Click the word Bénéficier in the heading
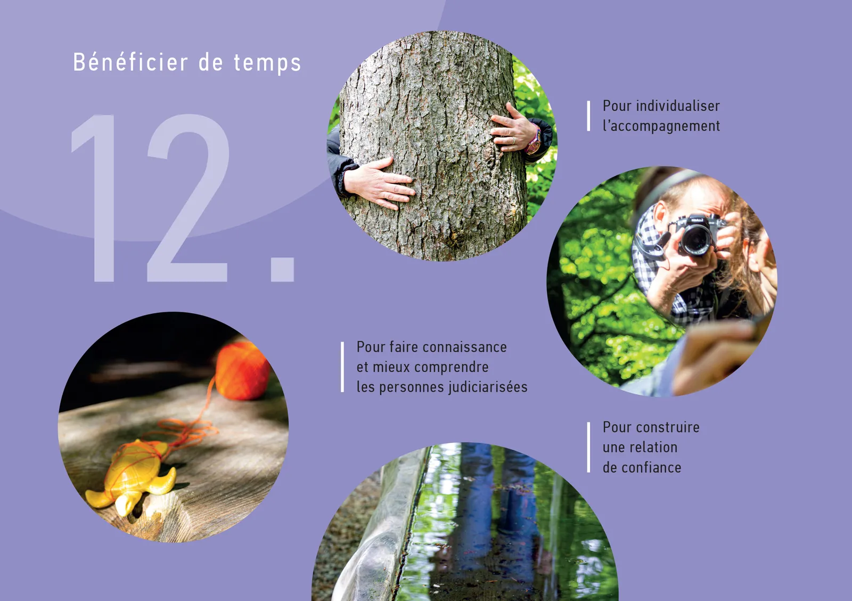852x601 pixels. (130, 62)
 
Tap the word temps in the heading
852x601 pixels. (267, 63)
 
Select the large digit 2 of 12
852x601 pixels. (188, 198)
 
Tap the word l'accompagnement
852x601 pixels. (661, 126)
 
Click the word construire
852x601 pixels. (665, 427)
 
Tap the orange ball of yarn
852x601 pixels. (242, 371)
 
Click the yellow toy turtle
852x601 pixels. (132, 476)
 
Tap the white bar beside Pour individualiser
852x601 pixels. (588, 116)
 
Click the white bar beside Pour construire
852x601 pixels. (588, 447)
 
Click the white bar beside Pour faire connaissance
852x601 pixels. (342, 367)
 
